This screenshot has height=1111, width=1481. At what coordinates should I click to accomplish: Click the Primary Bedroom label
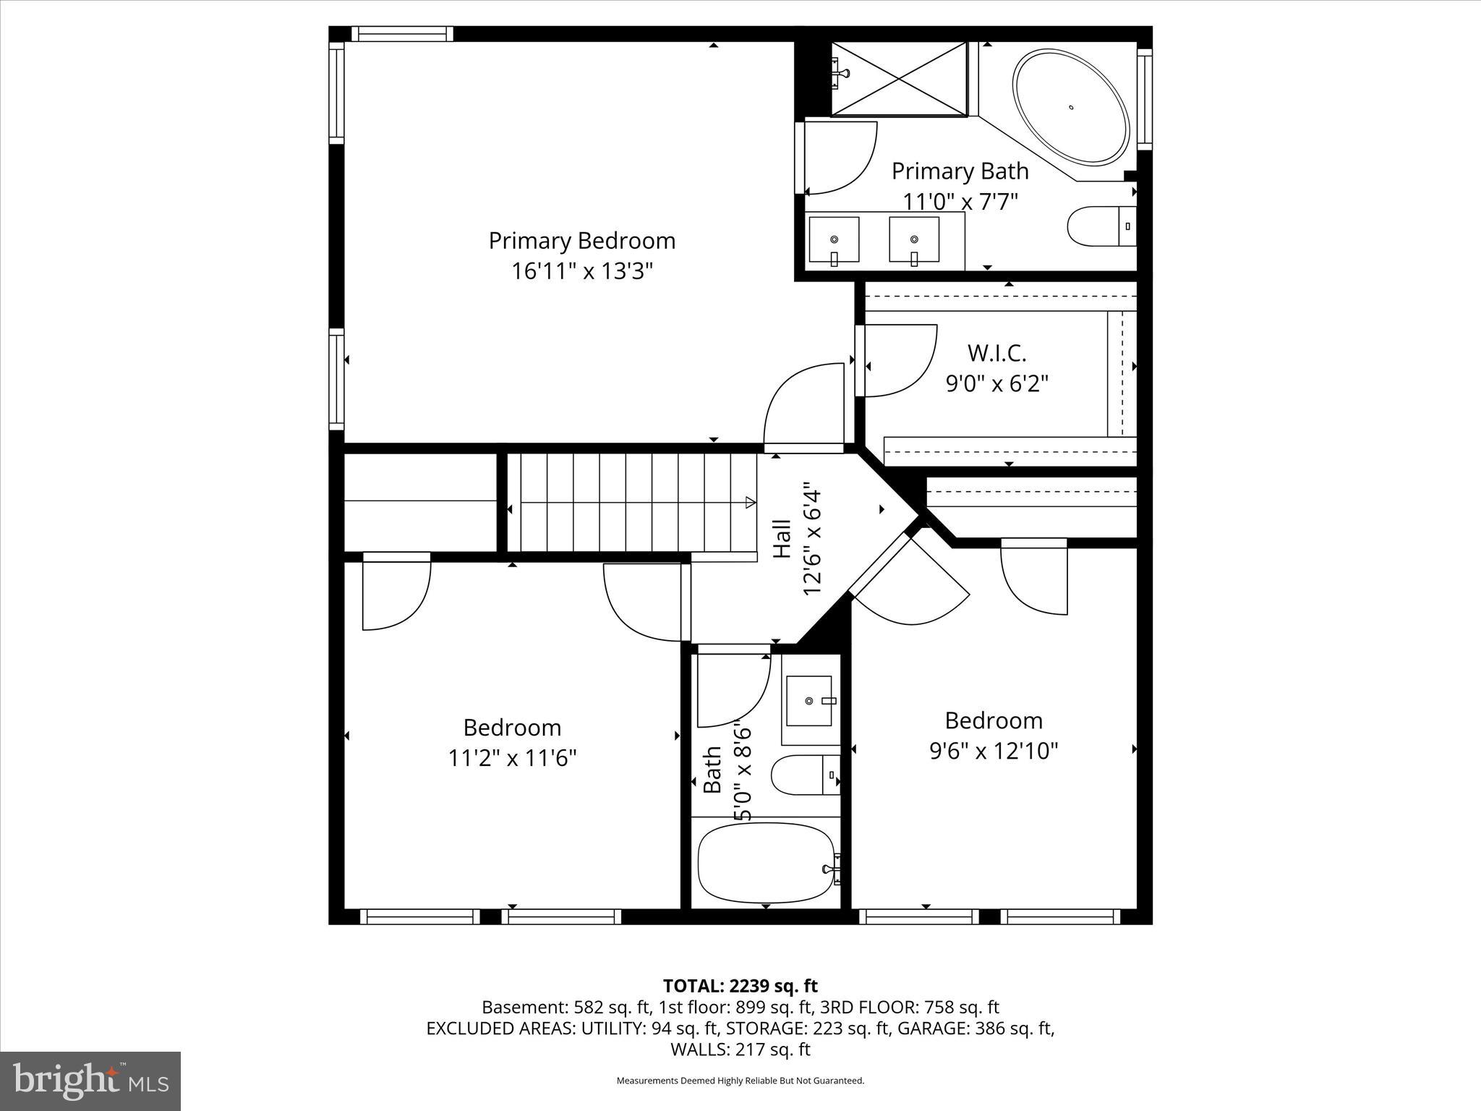point(582,241)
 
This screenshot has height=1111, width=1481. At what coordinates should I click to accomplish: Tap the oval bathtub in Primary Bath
point(1071,106)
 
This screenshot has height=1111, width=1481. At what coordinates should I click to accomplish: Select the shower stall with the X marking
point(899,78)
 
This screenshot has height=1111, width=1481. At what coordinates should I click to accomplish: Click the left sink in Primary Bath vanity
point(834,239)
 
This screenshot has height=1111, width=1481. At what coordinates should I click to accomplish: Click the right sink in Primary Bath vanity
point(914,239)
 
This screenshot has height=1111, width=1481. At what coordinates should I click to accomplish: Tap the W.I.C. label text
point(997,353)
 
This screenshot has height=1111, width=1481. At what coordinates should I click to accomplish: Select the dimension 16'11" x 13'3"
point(582,271)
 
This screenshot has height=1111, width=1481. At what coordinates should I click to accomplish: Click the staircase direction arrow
point(751,502)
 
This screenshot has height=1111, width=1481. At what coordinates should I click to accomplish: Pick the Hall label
point(782,539)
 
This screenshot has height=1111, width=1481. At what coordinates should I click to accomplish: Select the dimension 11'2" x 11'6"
point(512,758)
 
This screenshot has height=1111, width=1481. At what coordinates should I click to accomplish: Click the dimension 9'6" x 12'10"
point(994,751)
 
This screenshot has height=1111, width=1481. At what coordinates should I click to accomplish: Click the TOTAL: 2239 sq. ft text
point(740,986)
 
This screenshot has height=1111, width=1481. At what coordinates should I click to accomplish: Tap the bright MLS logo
point(90,1081)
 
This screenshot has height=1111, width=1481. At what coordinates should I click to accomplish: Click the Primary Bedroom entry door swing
point(803,405)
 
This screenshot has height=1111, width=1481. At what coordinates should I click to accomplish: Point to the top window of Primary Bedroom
point(402,34)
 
